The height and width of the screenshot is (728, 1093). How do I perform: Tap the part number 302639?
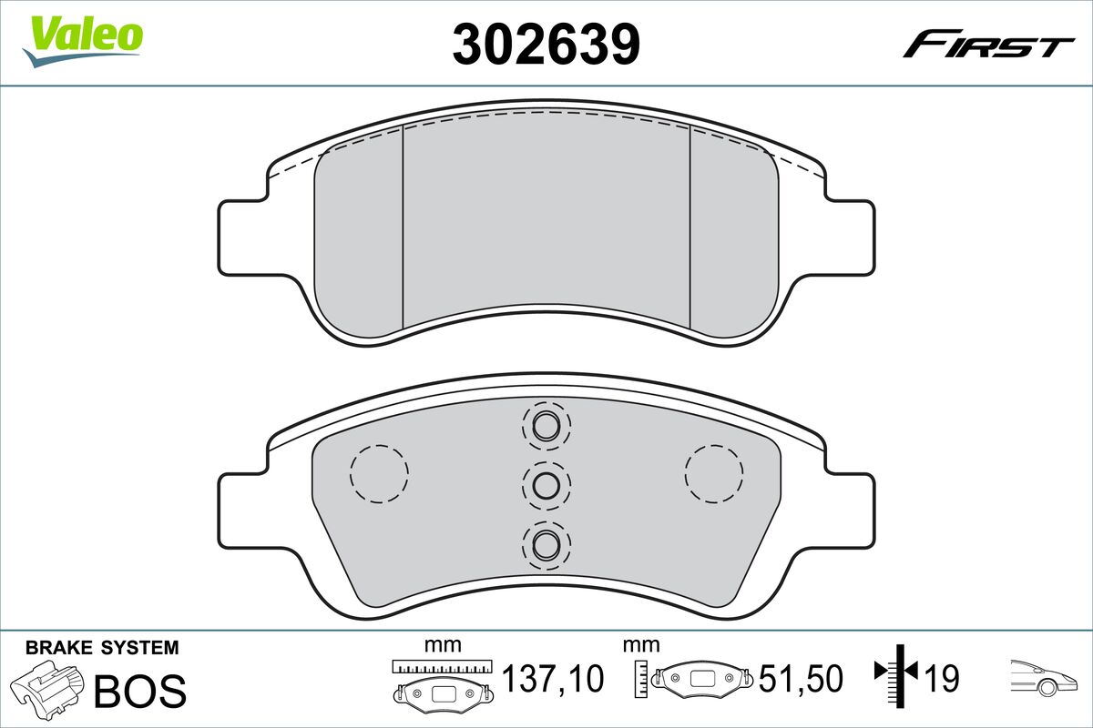546,43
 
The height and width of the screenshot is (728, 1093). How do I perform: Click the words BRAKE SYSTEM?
102,648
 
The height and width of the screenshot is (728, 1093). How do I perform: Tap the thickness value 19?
942,678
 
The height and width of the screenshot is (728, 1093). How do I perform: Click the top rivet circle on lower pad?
546,425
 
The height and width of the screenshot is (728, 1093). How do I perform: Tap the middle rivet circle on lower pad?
546,485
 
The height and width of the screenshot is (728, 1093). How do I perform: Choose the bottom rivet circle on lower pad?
546,544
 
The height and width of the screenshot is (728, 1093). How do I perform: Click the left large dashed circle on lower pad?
379,473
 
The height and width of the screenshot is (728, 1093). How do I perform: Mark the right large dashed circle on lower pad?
713,473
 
